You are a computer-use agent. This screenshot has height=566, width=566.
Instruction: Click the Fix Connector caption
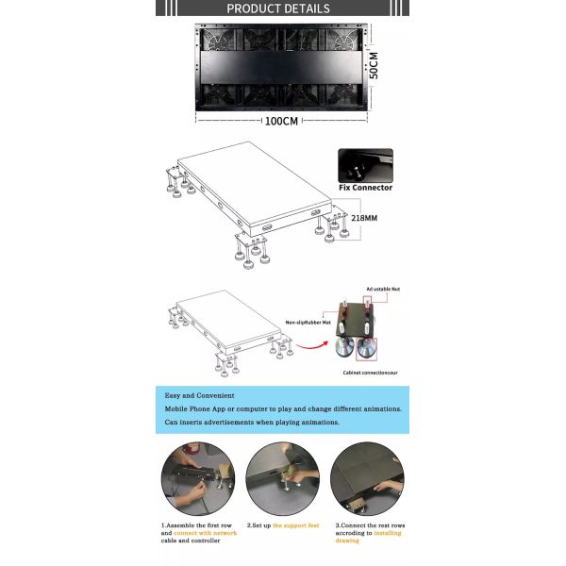(x=364, y=188)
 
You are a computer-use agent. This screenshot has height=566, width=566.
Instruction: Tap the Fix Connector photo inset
(x=365, y=164)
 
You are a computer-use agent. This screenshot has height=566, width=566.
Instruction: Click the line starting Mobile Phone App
(x=283, y=408)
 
